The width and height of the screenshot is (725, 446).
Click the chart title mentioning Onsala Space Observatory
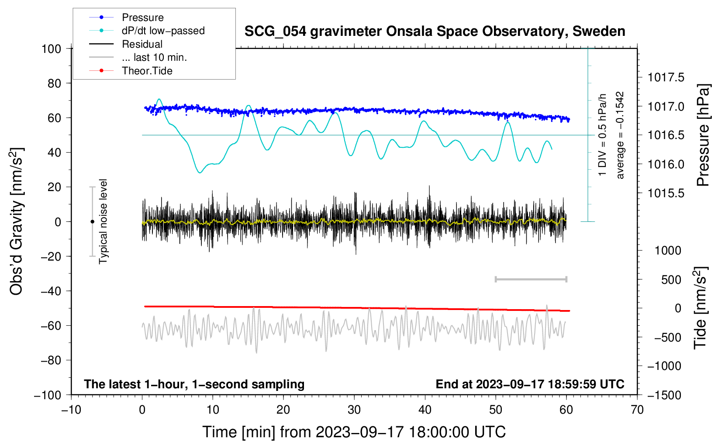tap(435, 31)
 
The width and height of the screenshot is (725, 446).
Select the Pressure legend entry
tap(142, 17)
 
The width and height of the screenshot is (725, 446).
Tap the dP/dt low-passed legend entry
tap(163, 31)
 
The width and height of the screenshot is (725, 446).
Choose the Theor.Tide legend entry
tap(147, 71)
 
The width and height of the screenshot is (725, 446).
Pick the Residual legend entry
tap(142, 44)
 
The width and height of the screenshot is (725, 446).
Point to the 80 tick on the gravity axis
tap(54, 83)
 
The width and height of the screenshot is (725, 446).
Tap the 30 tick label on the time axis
tap(354, 410)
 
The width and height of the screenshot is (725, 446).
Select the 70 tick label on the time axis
tap(637, 410)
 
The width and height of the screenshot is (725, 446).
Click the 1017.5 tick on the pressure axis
tap(666, 77)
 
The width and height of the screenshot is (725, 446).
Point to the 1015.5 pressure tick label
tap(666, 193)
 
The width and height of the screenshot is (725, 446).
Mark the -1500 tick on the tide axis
tap(664, 395)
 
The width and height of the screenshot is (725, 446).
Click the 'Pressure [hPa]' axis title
tap(703, 135)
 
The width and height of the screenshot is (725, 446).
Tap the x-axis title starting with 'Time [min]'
tap(354, 432)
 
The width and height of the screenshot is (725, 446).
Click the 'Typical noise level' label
tap(103, 221)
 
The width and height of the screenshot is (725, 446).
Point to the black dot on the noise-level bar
tap(92, 222)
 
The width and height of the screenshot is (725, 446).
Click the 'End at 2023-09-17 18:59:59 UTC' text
tap(530, 384)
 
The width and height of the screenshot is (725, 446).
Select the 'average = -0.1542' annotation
tap(620, 135)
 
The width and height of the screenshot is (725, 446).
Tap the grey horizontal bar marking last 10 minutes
tap(531, 279)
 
